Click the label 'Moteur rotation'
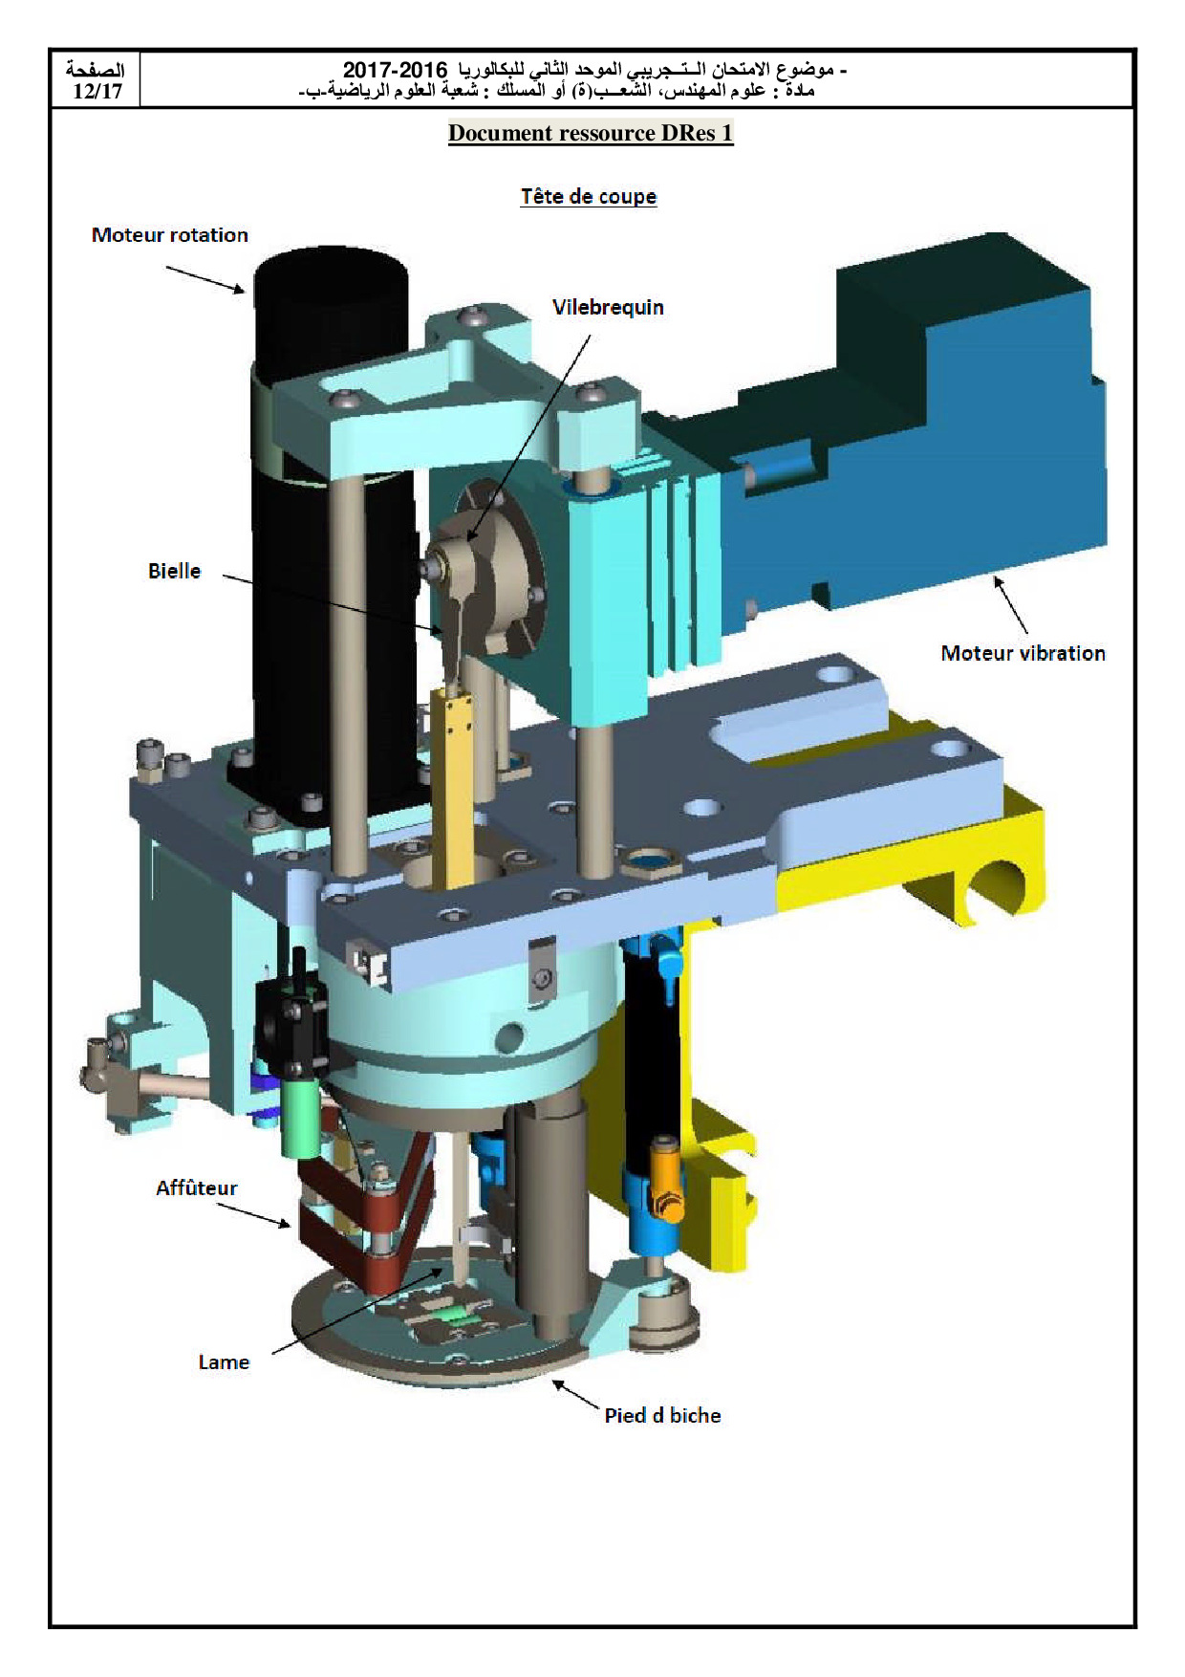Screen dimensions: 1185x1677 point(170,235)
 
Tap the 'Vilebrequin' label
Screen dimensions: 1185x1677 point(608,308)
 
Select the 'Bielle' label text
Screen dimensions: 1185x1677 point(175,571)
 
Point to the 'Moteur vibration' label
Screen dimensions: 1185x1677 point(1023,653)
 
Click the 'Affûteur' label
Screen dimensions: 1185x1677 point(197,1187)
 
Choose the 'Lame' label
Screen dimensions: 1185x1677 point(224,1362)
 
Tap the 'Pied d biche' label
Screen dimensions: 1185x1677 point(662,1415)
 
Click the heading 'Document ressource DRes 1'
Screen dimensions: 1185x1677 point(591,133)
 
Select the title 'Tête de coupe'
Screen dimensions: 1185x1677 point(589,196)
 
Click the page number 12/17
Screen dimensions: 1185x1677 point(97,92)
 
